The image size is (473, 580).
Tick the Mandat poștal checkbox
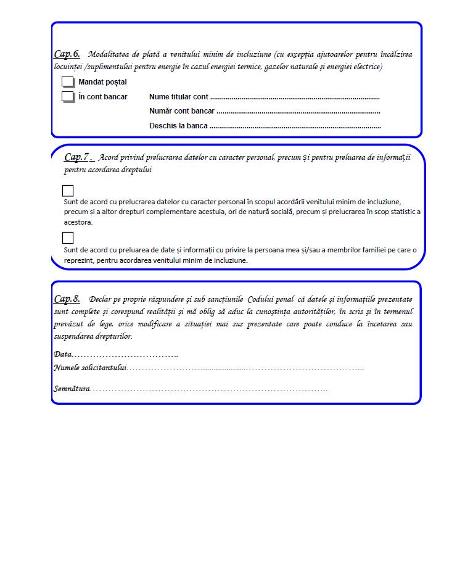(67, 82)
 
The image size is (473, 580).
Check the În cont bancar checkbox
(67, 97)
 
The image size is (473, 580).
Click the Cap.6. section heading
(67, 54)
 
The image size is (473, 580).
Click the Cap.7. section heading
(78, 157)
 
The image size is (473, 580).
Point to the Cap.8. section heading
(67, 299)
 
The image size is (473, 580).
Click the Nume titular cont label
(178, 97)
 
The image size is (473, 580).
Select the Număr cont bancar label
(182, 111)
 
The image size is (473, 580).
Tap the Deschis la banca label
(178, 126)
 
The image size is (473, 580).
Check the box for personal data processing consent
(68, 191)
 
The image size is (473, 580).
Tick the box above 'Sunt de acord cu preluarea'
(68, 238)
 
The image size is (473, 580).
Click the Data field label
(62, 354)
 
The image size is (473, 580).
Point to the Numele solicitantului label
(90, 368)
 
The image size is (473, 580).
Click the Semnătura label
(72, 389)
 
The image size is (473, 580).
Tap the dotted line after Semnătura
(210, 390)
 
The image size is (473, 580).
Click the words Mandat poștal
(102, 82)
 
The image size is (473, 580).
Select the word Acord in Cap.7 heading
(109, 158)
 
